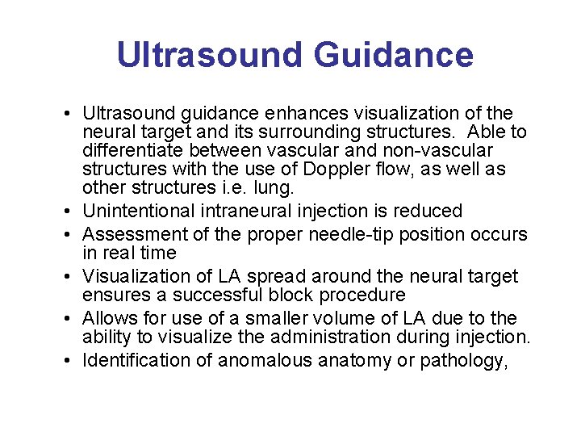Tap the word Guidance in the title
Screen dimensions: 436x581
[393, 55]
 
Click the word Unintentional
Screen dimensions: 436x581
[142, 212]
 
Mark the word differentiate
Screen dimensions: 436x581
[131, 151]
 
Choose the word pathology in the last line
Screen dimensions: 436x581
[463, 361]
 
